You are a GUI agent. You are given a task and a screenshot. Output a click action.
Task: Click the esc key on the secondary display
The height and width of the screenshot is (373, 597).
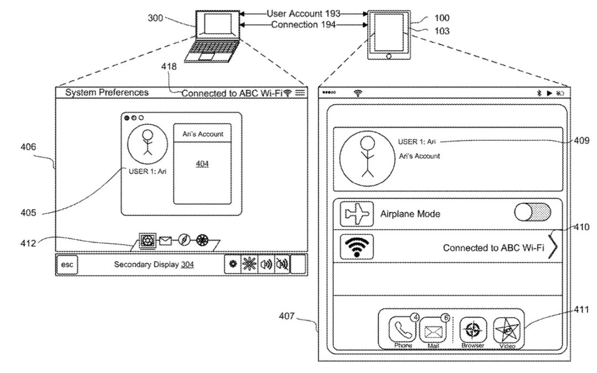67,265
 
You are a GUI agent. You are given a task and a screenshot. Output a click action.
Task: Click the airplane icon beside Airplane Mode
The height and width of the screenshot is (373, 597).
357,214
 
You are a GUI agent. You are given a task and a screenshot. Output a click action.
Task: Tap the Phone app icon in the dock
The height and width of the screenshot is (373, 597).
402,331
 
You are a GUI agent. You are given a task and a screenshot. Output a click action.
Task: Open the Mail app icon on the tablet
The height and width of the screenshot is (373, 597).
433,332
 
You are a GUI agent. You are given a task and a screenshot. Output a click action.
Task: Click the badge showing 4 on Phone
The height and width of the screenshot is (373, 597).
415,318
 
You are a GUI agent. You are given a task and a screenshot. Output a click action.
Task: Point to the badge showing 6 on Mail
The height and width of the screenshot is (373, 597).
446,318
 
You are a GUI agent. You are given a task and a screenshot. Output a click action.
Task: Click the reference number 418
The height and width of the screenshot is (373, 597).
169,66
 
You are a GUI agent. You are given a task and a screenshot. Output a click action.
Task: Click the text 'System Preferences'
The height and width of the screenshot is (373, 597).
107,92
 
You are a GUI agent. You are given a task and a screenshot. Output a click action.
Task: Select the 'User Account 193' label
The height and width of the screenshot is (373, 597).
303,14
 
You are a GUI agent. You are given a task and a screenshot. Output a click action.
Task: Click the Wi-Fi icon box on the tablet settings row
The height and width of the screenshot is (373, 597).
357,246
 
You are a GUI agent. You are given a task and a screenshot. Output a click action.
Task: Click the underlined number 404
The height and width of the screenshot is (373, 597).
202,164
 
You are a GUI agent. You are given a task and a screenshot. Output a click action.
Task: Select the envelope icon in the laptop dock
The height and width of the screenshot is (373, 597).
165,240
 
